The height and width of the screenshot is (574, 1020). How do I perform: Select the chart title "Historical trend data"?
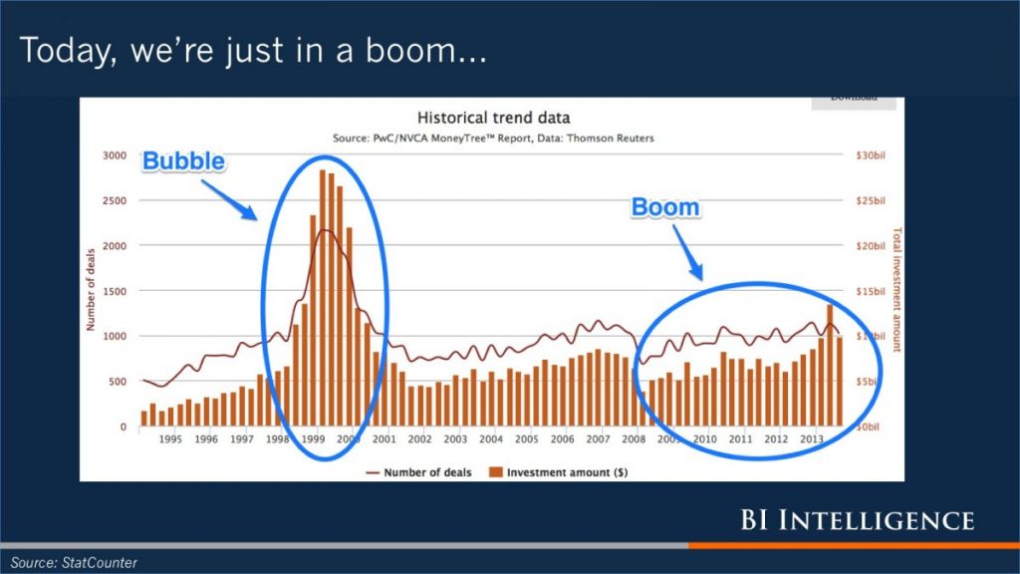point(493,118)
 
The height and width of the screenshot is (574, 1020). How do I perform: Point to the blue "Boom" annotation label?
point(664,208)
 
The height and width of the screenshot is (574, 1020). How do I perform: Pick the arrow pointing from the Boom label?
point(687,250)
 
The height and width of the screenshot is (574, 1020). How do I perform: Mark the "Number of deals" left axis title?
point(90,291)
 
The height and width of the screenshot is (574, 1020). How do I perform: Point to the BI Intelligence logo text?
point(856,520)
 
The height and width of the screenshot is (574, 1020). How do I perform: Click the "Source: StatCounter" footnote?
point(75,563)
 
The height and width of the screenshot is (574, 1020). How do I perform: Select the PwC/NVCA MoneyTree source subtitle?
point(493,139)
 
